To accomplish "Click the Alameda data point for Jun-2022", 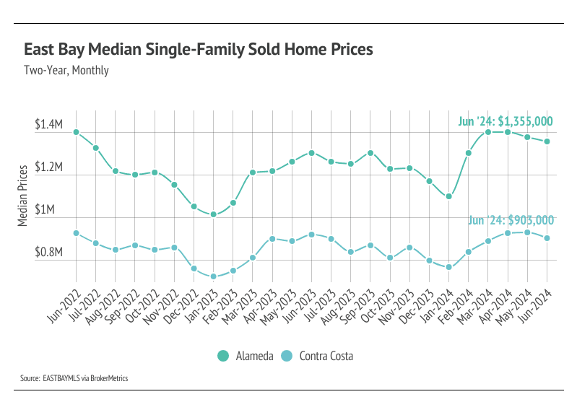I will tap(76, 132).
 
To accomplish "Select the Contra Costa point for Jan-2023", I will tap(213, 276).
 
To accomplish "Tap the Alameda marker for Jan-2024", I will tap(448, 196).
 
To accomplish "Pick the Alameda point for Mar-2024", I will tap(488, 132).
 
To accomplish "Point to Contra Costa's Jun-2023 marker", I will tap(311, 235).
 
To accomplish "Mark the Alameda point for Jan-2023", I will tap(213, 214).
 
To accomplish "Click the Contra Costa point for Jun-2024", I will tap(547, 238).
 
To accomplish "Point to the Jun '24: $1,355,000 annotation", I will tap(506, 121).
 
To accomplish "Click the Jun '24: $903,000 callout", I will tap(511, 220).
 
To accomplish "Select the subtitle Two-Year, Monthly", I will tap(66, 71).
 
